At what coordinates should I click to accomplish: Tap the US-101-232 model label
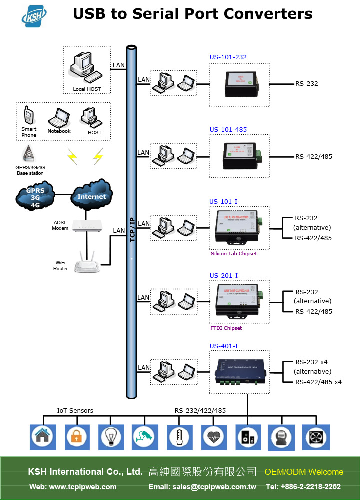[x=228, y=57]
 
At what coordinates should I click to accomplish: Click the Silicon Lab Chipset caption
[x=233, y=254]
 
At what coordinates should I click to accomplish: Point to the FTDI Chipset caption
[x=226, y=328]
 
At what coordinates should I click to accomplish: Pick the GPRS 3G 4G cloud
[x=35, y=197]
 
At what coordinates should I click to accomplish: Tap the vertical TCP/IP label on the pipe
[x=132, y=230]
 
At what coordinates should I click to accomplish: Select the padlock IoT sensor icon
[x=76, y=437]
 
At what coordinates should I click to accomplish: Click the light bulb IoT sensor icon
[x=111, y=437]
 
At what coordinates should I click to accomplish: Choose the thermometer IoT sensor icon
[x=179, y=437]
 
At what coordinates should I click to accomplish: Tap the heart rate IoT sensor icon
[x=213, y=437]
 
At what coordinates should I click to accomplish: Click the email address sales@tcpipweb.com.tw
[x=202, y=486]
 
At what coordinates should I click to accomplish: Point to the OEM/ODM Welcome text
[x=304, y=472]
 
